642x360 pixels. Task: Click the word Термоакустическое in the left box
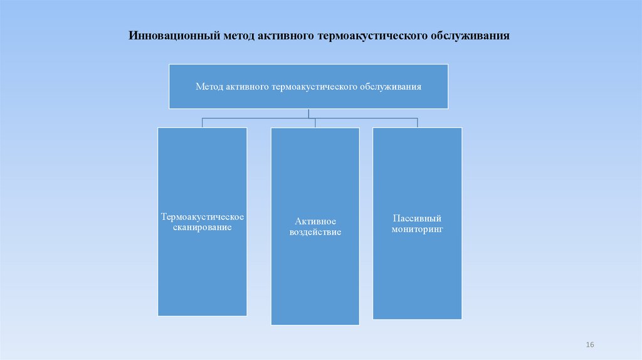[202, 216]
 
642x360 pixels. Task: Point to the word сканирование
[202, 227]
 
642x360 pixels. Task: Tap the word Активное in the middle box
[315, 221]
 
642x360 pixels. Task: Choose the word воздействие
[315, 232]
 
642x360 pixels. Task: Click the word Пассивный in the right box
[417, 218]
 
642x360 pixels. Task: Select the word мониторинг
[417, 230]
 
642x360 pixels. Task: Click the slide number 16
[589, 346]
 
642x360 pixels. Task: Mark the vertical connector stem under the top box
[308, 112]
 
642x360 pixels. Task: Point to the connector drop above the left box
[202, 122]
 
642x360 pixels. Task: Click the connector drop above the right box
[417, 122]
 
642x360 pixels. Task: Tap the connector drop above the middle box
[315, 122]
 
